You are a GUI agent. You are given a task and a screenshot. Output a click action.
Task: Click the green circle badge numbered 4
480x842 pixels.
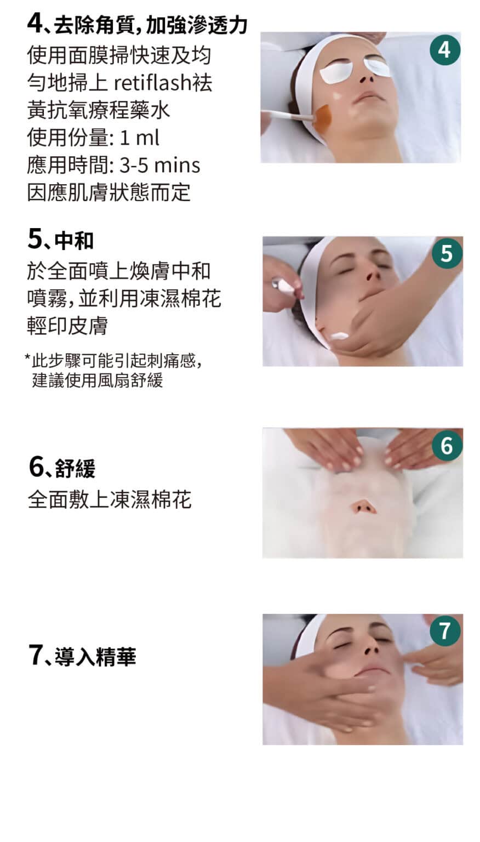[x=445, y=50]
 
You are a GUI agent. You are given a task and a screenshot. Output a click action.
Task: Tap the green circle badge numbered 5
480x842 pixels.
[x=447, y=253]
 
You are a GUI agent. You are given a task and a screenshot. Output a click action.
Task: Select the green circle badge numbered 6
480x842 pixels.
[x=447, y=446]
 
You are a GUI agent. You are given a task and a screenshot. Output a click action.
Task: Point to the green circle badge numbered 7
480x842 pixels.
[x=445, y=631]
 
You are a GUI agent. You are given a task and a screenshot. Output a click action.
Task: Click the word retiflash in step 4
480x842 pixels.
[x=152, y=82]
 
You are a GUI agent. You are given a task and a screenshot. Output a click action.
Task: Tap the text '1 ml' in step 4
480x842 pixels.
[x=140, y=138]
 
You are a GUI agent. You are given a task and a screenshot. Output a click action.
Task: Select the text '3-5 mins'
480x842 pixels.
[x=160, y=165]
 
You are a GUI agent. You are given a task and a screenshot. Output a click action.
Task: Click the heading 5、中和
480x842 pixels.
[x=60, y=240]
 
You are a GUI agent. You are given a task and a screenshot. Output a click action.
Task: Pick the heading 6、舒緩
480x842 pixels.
[x=62, y=468]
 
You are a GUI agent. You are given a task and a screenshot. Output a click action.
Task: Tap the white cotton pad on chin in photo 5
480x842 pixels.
[x=340, y=335]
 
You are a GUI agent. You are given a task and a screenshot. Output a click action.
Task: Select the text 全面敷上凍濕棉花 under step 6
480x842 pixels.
[x=110, y=499]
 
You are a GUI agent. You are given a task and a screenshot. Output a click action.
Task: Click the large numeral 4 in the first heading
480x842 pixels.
[x=36, y=24]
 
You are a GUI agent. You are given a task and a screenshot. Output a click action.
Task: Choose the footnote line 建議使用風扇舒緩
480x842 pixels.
[x=98, y=380]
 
